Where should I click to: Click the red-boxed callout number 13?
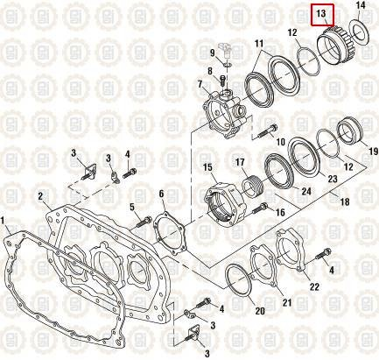(x=321, y=14)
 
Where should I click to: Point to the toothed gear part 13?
(x=332, y=45)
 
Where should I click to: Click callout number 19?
(x=373, y=150)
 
